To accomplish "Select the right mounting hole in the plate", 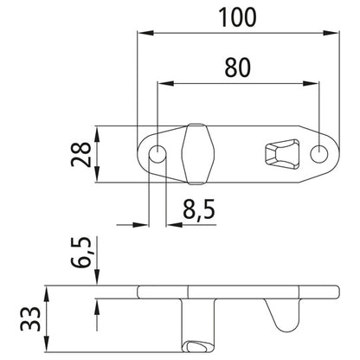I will pyautogui.click(x=319, y=153).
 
